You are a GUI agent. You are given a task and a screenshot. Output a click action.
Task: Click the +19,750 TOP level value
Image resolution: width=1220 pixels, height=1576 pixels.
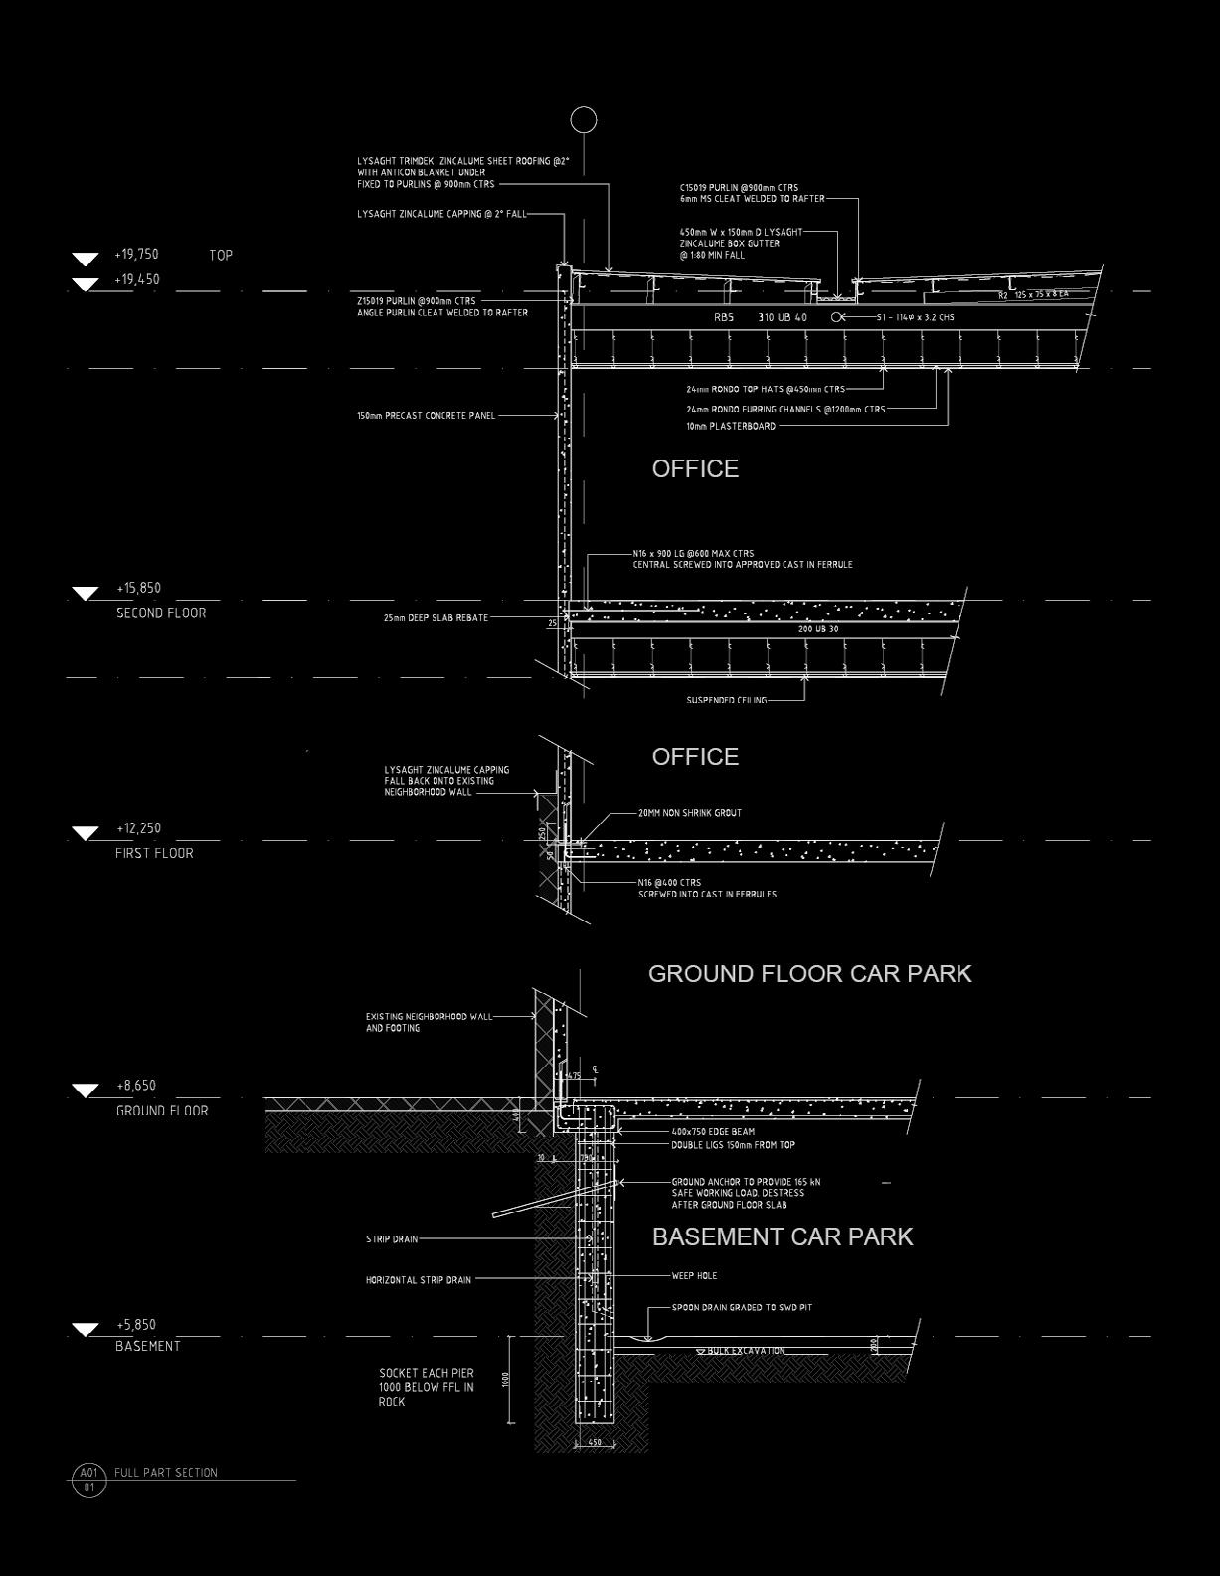[136, 255]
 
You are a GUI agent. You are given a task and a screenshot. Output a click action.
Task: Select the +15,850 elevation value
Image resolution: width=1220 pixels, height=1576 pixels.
[138, 588]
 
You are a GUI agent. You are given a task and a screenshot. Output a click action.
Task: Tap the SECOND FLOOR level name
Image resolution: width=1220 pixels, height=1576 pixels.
[161, 613]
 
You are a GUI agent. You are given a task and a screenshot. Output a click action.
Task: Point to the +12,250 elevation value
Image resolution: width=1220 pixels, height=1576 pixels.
[138, 828]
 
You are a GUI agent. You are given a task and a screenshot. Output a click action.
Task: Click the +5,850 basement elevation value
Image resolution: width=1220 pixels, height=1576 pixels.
[136, 1324]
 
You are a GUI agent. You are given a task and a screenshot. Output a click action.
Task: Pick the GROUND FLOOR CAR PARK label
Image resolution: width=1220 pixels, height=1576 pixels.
[809, 973]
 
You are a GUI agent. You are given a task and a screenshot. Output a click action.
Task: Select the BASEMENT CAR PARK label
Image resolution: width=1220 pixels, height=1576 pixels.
[782, 1236]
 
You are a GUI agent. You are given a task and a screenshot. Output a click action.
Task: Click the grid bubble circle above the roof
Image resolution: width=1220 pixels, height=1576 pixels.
[584, 120]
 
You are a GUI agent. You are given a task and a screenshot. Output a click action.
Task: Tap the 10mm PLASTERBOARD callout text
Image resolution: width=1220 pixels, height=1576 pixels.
[731, 426]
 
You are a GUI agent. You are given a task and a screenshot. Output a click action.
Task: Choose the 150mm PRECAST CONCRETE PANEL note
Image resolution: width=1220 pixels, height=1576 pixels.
[426, 415]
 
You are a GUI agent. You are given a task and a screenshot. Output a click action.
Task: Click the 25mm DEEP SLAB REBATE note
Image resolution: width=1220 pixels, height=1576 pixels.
[436, 617]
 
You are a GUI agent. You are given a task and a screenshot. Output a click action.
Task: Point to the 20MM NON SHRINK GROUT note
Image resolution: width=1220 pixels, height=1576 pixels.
[689, 812]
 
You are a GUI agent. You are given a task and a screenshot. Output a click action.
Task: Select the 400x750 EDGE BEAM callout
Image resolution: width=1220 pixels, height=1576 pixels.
[712, 1131]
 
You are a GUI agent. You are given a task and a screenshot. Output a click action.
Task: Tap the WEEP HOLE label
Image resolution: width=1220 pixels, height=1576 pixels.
[693, 1275]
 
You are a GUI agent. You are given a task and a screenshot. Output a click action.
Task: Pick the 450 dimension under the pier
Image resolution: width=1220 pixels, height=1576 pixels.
[595, 1441]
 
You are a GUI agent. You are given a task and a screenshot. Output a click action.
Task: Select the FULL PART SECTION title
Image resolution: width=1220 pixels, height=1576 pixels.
[165, 1472]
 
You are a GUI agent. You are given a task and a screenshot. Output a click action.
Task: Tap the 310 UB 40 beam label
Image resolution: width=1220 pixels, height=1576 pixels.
[783, 317]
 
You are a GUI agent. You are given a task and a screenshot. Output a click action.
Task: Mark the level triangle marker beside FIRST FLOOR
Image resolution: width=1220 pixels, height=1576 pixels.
[86, 832]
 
